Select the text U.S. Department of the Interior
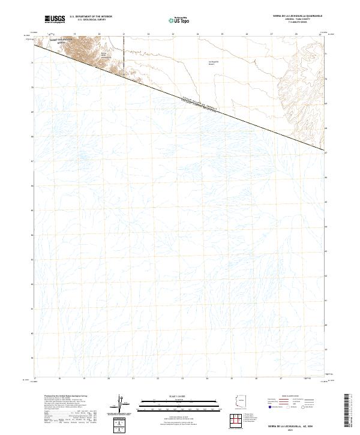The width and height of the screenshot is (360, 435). click(x=91, y=16)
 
